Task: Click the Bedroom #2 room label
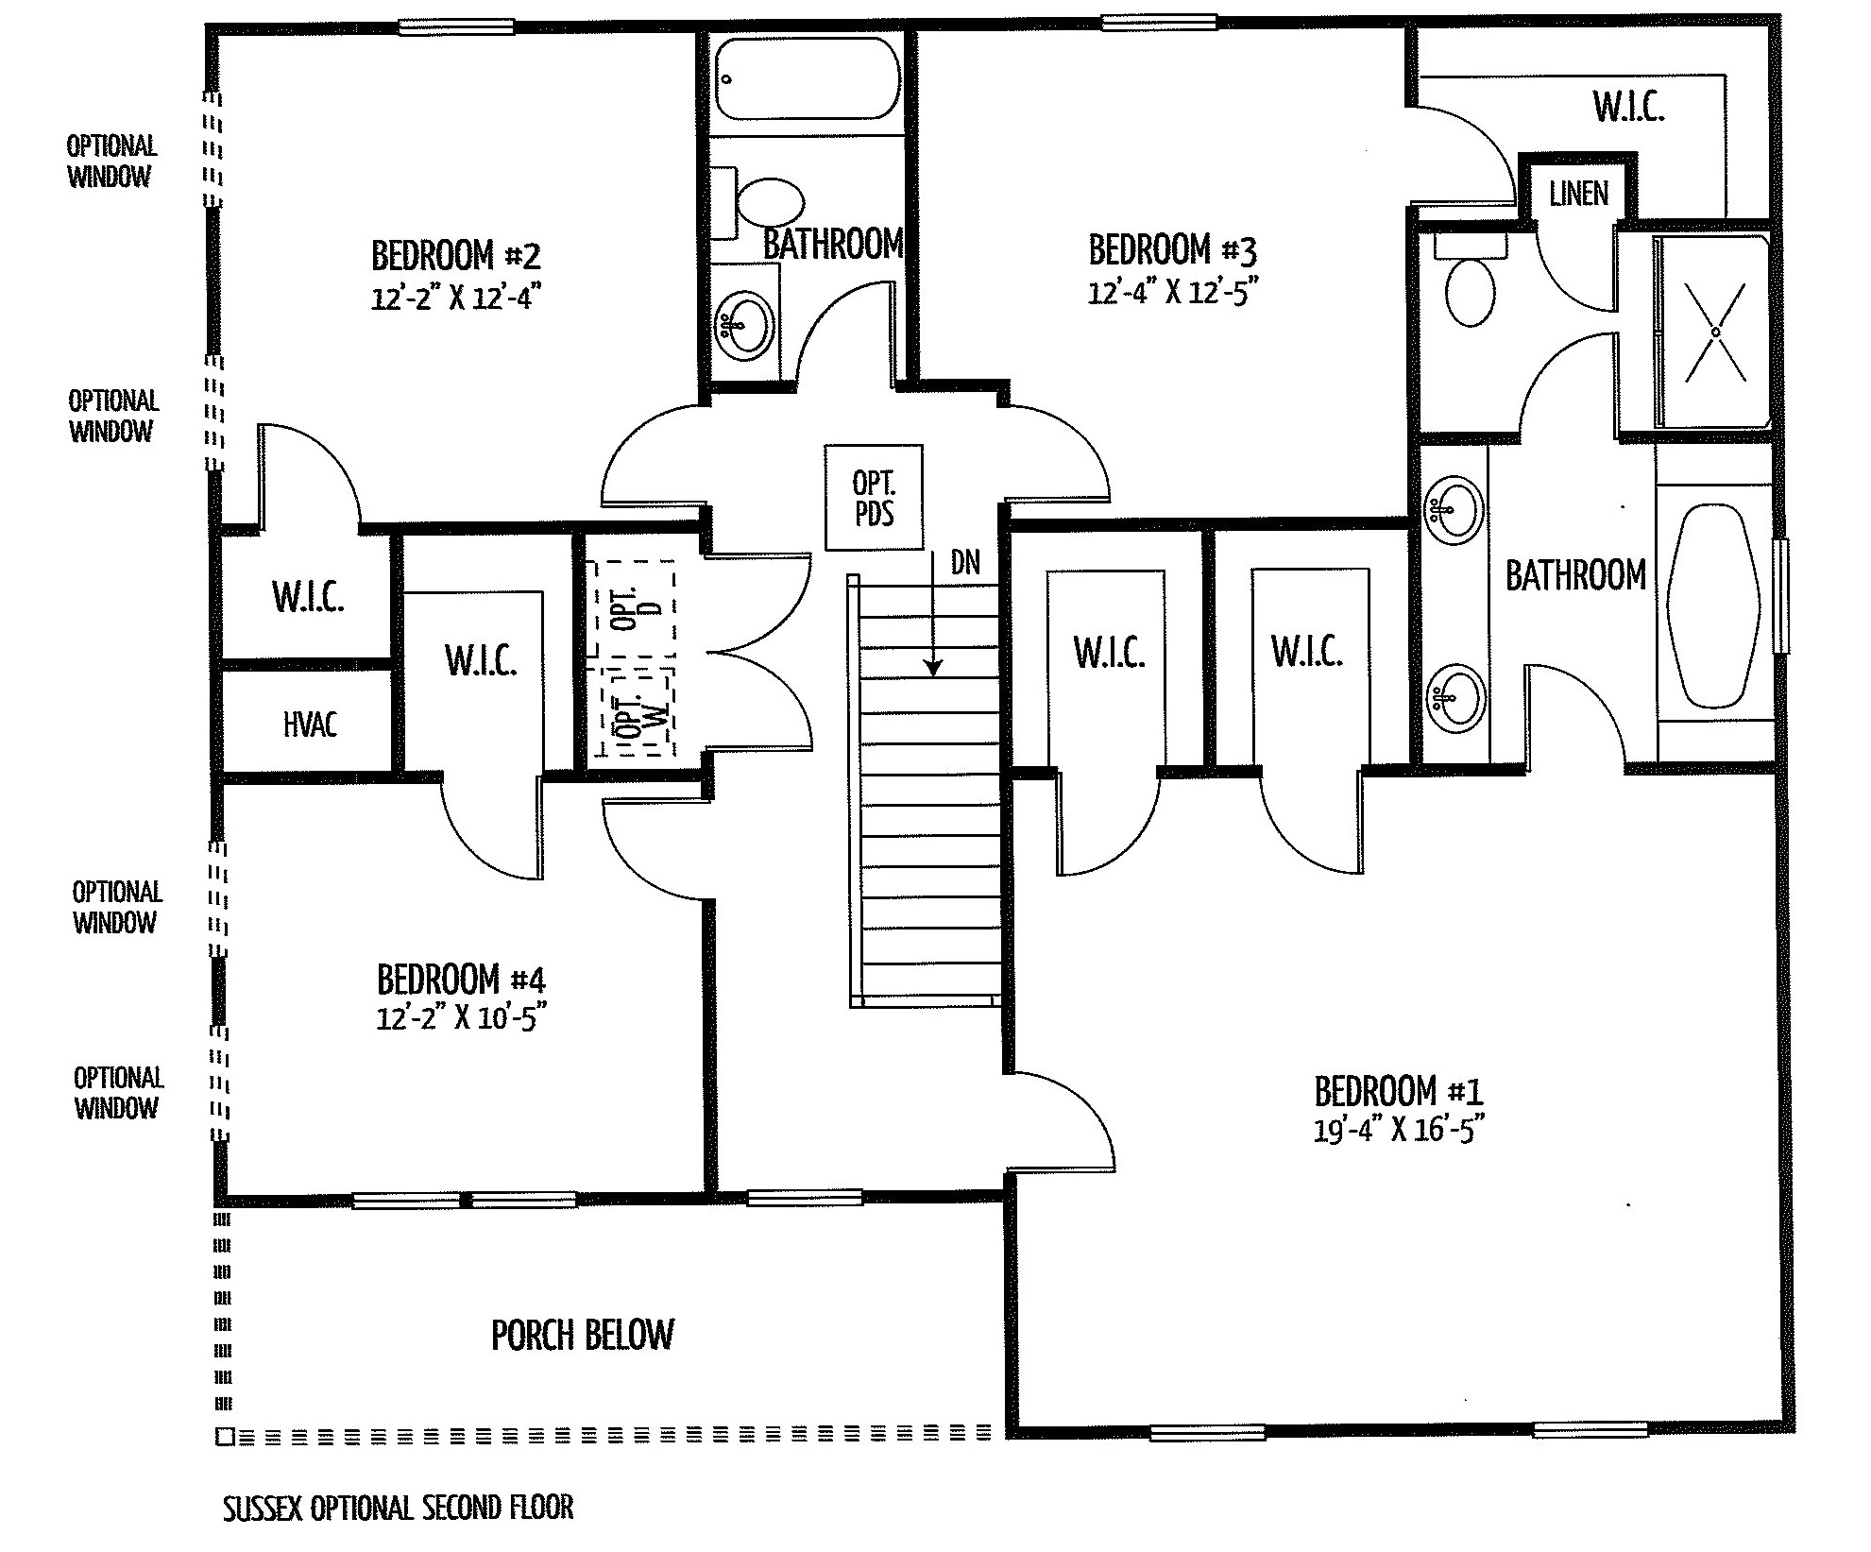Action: point(456,255)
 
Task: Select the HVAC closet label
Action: point(310,725)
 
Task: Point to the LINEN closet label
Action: point(1578,194)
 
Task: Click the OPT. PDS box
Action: point(874,497)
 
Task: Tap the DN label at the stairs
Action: point(965,563)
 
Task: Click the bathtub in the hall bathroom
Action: point(806,79)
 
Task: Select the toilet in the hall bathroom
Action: point(758,203)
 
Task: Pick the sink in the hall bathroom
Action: point(745,326)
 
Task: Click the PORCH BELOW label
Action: point(583,1335)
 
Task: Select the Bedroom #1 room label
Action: point(1399,1091)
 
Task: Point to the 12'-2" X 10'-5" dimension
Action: point(462,1017)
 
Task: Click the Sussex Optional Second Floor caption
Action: point(398,1508)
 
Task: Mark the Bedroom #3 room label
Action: point(1172,250)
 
